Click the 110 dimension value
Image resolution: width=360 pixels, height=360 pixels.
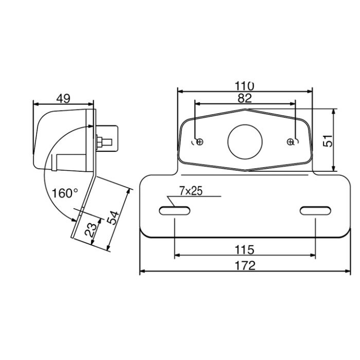[244, 86]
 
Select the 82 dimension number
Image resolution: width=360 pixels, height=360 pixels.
[245, 98]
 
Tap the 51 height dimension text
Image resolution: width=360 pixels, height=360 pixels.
[328, 141]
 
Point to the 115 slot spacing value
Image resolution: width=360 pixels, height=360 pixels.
[244, 249]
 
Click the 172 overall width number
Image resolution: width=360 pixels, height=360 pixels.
[245, 266]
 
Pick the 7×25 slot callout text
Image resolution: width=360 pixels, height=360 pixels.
[191, 191]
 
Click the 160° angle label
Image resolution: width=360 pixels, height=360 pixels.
[65, 193]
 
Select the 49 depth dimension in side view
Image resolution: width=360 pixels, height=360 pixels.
[63, 99]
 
